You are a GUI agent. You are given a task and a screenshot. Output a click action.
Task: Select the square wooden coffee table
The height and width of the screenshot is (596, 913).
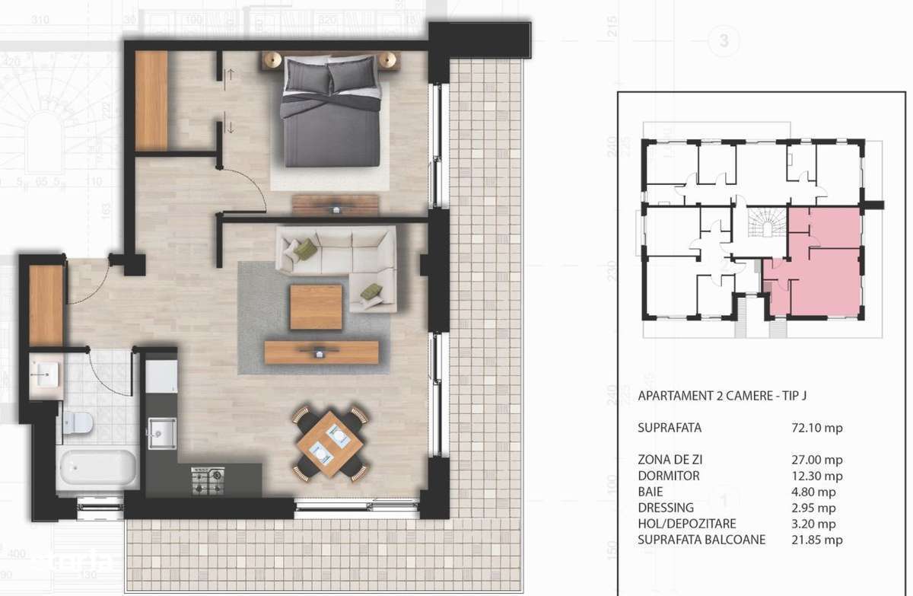pos(316,307)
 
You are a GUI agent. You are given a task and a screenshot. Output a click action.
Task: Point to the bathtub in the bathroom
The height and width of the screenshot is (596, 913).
pos(97,465)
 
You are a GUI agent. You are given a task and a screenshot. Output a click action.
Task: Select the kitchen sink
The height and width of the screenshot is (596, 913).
pos(163,433)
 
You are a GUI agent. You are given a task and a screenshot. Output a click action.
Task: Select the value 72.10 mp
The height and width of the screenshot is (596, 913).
pos(817,428)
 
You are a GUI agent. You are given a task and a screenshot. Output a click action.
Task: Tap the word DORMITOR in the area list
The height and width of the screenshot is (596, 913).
pos(668,476)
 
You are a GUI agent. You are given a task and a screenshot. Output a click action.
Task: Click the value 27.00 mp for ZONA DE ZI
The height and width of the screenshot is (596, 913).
pos(817,460)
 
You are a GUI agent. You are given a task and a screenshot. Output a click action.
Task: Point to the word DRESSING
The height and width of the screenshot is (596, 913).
pos(666,508)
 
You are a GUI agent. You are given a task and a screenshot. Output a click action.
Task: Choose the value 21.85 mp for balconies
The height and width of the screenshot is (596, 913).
pos(817,540)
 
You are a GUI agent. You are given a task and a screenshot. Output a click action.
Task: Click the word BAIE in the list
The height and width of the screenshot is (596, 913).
pos(651,492)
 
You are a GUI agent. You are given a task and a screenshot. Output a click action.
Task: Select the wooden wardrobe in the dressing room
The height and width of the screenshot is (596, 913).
pos(151,101)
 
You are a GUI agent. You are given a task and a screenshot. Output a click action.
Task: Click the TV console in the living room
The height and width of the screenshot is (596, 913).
pos(321,352)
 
